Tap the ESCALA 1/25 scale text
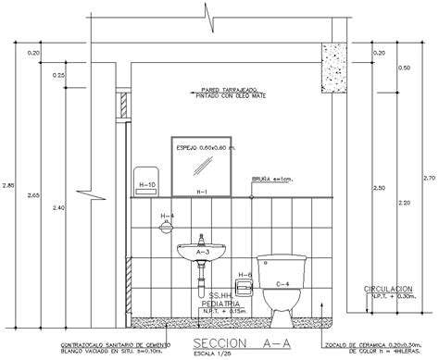[186, 354]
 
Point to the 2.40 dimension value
[59, 207]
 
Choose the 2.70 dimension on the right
[429, 177]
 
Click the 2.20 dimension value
[403, 202]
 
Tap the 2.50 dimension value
[377, 188]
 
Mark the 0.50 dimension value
[403, 68]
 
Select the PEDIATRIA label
[222, 303]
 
